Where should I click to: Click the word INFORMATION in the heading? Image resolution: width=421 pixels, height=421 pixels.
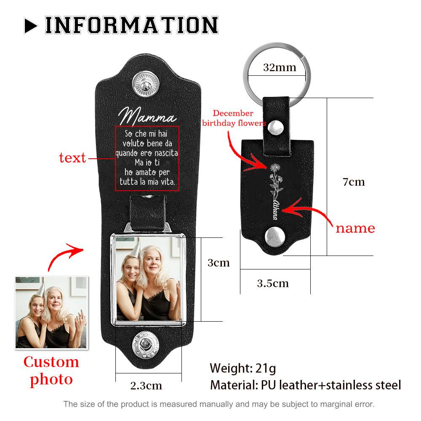pyautogui.click(x=131, y=25)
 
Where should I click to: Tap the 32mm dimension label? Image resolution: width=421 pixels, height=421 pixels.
pyautogui.click(x=280, y=67)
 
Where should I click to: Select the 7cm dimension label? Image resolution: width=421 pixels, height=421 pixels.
pyautogui.click(x=354, y=182)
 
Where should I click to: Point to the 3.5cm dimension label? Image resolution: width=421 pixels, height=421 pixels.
pyautogui.click(x=273, y=283)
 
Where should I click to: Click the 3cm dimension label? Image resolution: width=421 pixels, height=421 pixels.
pyautogui.click(x=218, y=263)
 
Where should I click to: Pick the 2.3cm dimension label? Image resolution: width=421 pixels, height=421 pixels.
pyautogui.click(x=146, y=386)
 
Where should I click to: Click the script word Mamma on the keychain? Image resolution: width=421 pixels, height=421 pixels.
pyautogui.click(x=147, y=116)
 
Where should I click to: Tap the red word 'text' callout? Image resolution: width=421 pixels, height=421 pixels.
pyautogui.click(x=72, y=157)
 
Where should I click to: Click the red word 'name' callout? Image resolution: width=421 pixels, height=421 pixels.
pyautogui.click(x=355, y=228)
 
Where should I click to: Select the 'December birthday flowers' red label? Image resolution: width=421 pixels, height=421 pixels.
pyautogui.click(x=234, y=118)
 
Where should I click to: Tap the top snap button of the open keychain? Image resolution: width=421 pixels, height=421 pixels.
pyautogui.click(x=146, y=84)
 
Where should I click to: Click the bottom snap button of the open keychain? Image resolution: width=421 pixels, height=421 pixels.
pyautogui.click(x=146, y=345)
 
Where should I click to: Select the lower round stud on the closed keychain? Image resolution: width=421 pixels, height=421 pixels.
pyautogui.click(x=274, y=237)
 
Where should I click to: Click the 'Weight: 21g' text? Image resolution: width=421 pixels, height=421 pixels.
pyautogui.click(x=243, y=368)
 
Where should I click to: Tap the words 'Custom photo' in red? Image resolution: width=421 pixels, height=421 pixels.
pyautogui.click(x=51, y=371)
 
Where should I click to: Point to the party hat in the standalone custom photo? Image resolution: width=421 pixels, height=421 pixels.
pyautogui.click(x=41, y=289)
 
